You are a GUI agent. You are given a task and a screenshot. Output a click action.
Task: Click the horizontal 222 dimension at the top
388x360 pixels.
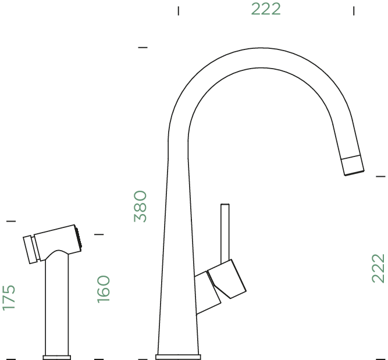point(266,9)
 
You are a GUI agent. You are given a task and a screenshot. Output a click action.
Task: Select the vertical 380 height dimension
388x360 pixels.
point(141,206)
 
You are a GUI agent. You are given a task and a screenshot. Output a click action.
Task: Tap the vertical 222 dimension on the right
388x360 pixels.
point(378,268)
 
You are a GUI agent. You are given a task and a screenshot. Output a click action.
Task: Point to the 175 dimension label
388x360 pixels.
point(9,297)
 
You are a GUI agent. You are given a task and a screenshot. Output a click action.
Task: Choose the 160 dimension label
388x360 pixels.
point(103,288)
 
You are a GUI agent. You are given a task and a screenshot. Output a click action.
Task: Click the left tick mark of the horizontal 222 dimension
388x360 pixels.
point(179,10)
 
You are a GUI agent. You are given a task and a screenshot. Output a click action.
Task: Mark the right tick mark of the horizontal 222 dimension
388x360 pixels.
point(354,10)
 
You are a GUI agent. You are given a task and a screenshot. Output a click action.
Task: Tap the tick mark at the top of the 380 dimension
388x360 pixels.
point(143,47)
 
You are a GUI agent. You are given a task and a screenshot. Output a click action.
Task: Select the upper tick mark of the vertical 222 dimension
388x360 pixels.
point(381,175)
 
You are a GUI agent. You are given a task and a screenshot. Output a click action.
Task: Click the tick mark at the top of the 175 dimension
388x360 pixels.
point(10,221)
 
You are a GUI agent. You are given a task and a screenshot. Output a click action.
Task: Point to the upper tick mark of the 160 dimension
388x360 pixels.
point(99,234)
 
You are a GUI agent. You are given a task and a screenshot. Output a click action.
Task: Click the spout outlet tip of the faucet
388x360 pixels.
point(353,165)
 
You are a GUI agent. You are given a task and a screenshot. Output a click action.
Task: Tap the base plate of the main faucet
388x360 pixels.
point(178,355)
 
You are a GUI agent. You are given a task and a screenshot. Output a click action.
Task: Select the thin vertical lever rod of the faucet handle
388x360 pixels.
point(225,233)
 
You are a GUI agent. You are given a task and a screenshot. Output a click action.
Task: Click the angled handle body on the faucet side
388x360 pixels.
point(228,279)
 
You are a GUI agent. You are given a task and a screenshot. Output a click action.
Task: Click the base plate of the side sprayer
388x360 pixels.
point(57,356)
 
